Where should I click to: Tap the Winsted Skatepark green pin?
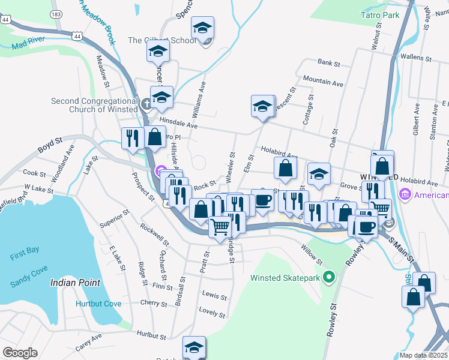[328, 277]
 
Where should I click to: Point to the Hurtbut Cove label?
[98, 304]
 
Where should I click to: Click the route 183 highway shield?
[56, 13]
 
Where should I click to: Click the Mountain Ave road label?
[323, 80]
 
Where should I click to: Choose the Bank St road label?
[329, 62]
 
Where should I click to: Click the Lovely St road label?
[212, 314]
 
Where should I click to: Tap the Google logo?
[20, 353]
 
